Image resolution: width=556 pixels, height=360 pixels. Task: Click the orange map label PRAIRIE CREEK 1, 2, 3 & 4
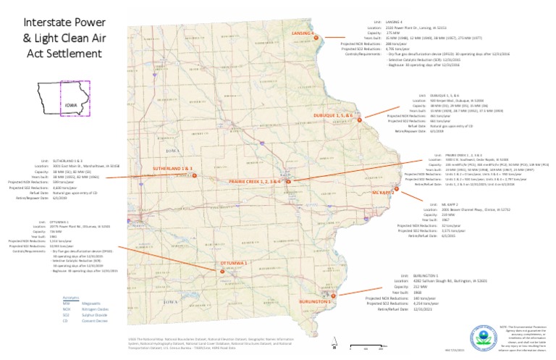(x=254, y=181)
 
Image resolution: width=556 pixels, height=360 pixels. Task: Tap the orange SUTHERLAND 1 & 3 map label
(x=175, y=168)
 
